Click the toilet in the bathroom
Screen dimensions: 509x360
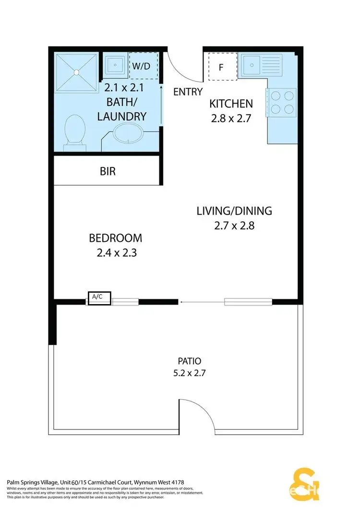pos(74,130)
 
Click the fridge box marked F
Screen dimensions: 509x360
pos(221,67)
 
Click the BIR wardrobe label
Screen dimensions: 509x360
pos(108,171)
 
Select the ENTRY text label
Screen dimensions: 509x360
pos(188,92)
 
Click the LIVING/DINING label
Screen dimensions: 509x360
pos(234,210)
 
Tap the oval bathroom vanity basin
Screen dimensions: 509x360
pos(129,133)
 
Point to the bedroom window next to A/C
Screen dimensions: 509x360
pos(125,302)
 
